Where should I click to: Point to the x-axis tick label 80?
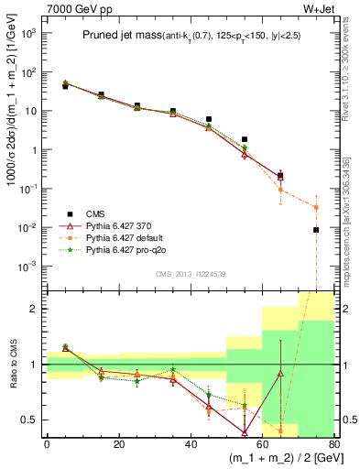333,445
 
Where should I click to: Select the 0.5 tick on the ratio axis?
32,420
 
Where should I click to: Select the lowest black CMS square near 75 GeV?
316,230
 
